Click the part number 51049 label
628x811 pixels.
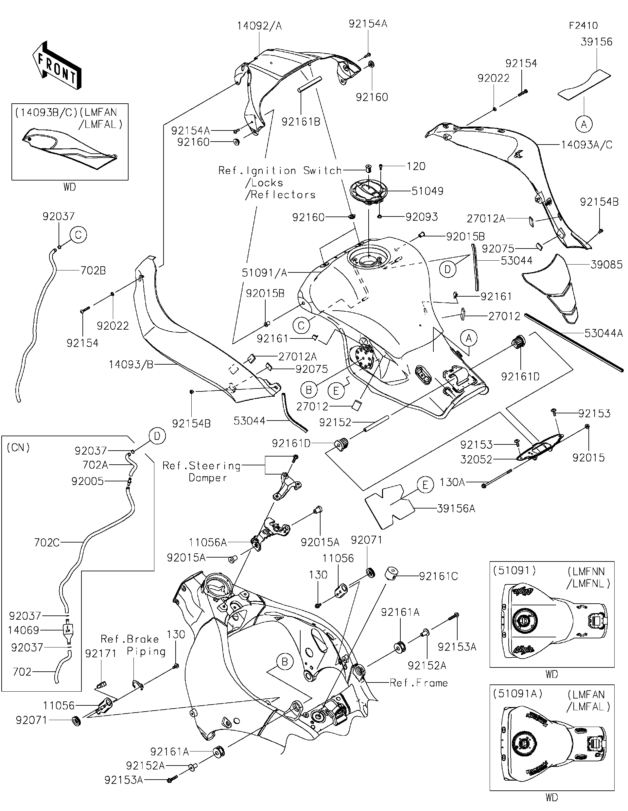427,191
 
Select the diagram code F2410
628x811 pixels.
584,26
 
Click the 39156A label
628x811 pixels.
456,509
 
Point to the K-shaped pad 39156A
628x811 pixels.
390,506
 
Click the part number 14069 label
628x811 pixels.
24,630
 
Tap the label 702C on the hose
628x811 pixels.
46,543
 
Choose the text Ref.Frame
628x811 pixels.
419,682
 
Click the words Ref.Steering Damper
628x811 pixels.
202,471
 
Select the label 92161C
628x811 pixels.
438,576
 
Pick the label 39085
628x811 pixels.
606,265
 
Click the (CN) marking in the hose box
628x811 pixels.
18,447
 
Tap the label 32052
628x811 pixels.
476,459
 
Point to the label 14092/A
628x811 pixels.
259,26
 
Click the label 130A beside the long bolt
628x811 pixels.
452,482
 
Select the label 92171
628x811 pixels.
101,653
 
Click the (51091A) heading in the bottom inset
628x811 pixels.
517,693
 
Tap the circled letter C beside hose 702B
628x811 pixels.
78,235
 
